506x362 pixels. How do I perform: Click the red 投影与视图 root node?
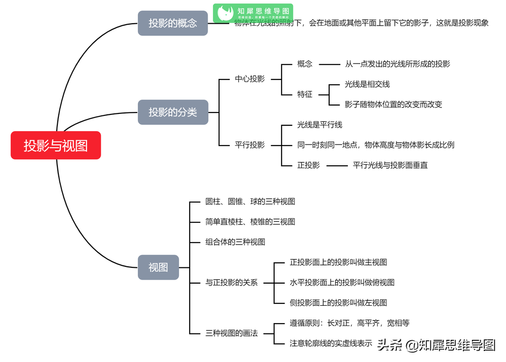tap(56, 145)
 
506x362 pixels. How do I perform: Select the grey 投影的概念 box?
tap(172, 23)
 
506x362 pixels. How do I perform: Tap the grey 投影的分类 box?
tap(172, 112)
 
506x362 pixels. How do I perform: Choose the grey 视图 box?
tap(158, 267)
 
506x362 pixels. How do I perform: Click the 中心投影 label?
tap(250, 79)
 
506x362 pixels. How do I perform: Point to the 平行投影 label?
tap(250, 145)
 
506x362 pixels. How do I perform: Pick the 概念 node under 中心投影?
tap(305, 64)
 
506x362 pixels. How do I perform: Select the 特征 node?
tap(305, 94)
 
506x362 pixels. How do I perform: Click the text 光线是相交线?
tap(367, 84)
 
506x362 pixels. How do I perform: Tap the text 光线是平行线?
tap(320, 125)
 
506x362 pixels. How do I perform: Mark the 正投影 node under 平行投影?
tap(308, 165)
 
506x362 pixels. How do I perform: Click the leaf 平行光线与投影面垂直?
tap(390, 165)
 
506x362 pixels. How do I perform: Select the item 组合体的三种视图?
tap(235, 242)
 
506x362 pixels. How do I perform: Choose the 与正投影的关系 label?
tap(231, 283)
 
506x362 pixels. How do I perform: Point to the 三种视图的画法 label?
tap(231, 333)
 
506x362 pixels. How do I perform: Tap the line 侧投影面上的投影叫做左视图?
tap(338, 303)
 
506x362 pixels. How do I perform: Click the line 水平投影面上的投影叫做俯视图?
tap(342, 283)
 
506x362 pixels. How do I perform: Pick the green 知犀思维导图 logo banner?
tap(253, 13)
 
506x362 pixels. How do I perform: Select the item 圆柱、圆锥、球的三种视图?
tap(250, 202)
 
